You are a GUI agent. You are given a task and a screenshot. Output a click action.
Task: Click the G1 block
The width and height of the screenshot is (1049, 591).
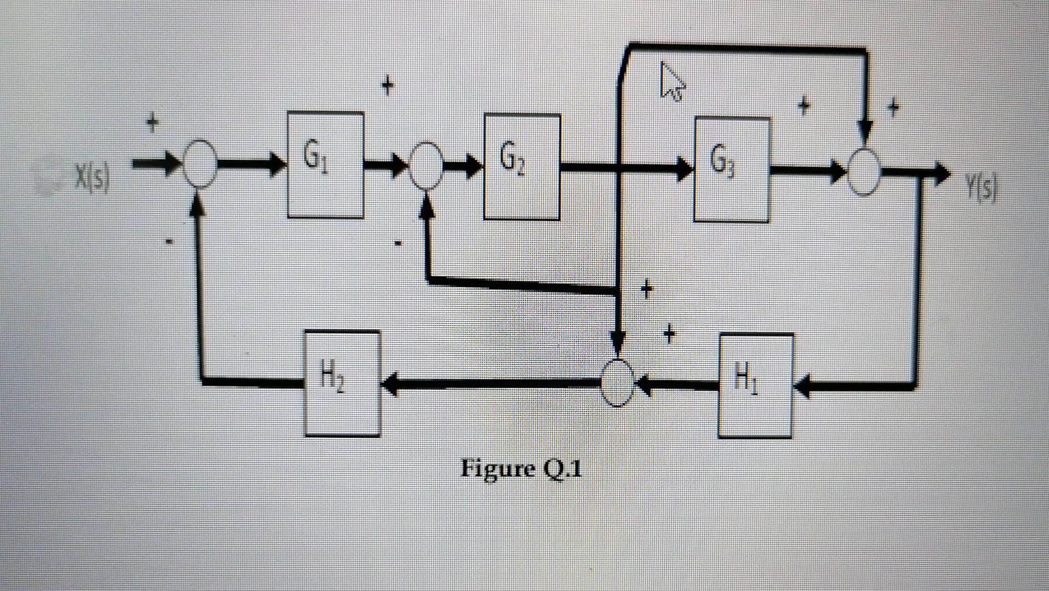click(325, 165)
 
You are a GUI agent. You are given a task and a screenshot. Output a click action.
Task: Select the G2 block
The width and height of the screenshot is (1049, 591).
click(521, 166)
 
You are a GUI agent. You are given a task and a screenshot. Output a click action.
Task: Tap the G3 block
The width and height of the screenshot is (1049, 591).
click(731, 169)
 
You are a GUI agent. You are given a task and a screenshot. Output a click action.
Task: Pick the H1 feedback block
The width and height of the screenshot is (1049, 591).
click(755, 385)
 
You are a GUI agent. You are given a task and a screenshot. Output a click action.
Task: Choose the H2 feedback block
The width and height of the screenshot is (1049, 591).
click(342, 383)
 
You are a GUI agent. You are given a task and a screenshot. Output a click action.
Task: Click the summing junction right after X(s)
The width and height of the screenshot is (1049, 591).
click(200, 163)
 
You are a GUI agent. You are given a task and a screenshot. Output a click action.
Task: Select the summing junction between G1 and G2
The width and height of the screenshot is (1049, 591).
click(427, 165)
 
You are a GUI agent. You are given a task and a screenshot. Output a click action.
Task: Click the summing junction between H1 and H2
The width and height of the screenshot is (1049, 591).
click(617, 383)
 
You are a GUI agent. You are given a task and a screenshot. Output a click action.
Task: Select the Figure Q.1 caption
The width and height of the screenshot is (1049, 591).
click(521, 468)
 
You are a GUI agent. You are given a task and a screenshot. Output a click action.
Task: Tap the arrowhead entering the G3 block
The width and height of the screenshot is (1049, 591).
click(685, 168)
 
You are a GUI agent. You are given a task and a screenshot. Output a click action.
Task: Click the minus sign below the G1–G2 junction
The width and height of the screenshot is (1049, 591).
click(399, 242)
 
